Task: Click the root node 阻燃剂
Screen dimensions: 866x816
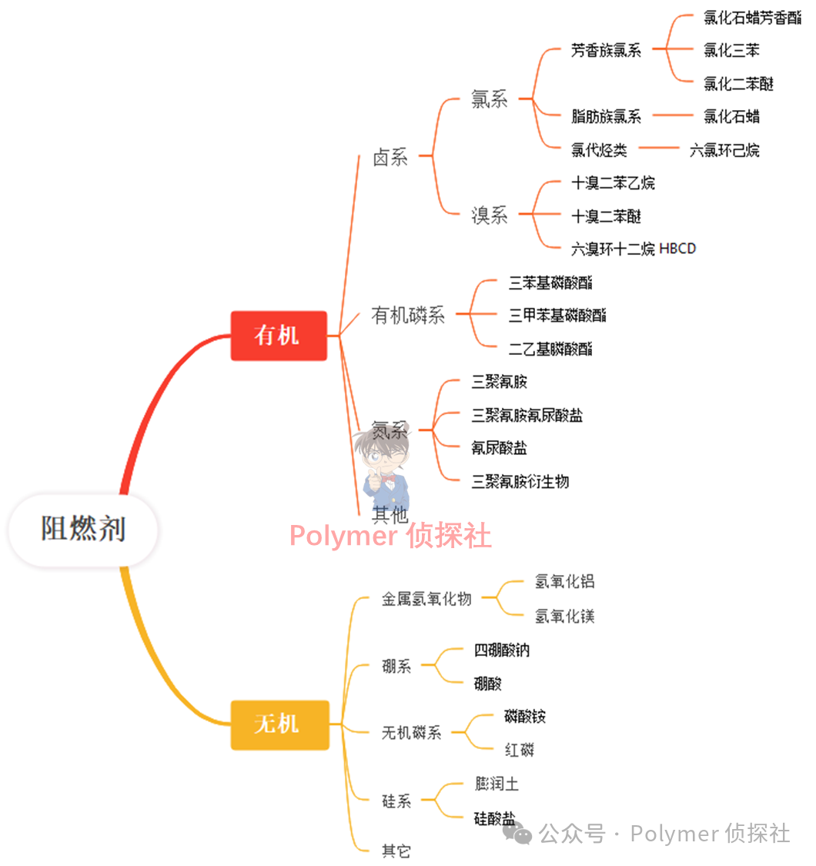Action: (83, 530)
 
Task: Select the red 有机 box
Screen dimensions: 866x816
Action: (279, 336)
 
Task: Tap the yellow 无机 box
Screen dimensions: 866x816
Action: (279, 724)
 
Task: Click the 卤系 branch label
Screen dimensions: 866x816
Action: (390, 158)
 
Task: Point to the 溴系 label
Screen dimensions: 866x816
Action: (490, 216)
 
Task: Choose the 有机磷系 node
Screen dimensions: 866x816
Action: (408, 315)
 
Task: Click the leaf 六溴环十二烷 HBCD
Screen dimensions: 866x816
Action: (633, 249)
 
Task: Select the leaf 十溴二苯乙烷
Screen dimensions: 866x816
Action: (613, 183)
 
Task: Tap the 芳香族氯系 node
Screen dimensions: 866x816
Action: (606, 51)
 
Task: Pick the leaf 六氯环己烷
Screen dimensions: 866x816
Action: (724, 150)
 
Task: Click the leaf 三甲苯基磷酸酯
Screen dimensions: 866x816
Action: (557, 315)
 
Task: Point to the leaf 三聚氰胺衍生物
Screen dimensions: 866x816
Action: (520, 482)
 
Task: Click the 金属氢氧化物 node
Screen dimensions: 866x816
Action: (426, 599)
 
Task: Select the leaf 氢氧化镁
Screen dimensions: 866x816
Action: (565, 617)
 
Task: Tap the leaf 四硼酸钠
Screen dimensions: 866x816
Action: (502, 650)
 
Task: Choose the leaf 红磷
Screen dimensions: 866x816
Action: (519, 750)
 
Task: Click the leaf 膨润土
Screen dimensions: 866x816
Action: (497, 784)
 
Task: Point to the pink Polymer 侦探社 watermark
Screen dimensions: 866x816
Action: (390, 536)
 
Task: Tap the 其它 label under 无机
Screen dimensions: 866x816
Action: (396, 851)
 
